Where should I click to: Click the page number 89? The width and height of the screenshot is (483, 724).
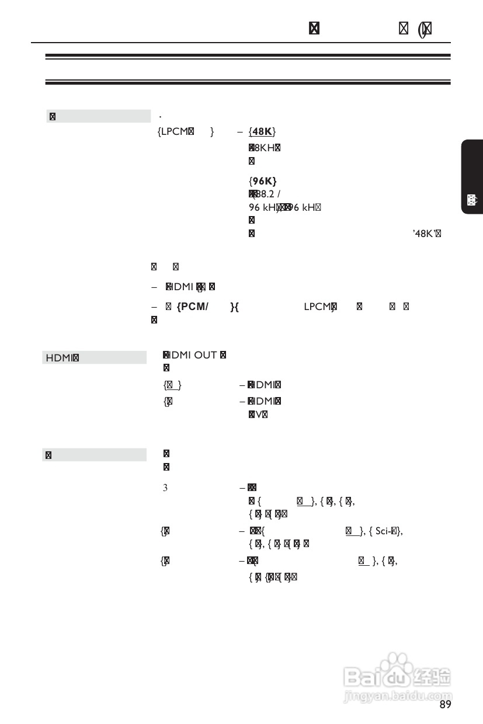click(x=445, y=705)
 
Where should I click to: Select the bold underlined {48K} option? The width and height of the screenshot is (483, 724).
click(x=262, y=131)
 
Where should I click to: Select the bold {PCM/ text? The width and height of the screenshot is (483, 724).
click(x=192, y=307)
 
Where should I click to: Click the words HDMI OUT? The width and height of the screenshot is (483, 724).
click(x=193, y=355)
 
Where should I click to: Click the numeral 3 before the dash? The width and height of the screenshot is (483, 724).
click(x=165, y=486)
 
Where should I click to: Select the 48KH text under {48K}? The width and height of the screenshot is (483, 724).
click(x=264, y=147)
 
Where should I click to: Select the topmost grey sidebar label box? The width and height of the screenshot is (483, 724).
click(x=98, y=116)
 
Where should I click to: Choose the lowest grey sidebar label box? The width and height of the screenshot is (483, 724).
click(x=94, y=454)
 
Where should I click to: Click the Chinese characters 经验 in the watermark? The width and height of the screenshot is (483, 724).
click(x=432, y=677)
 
